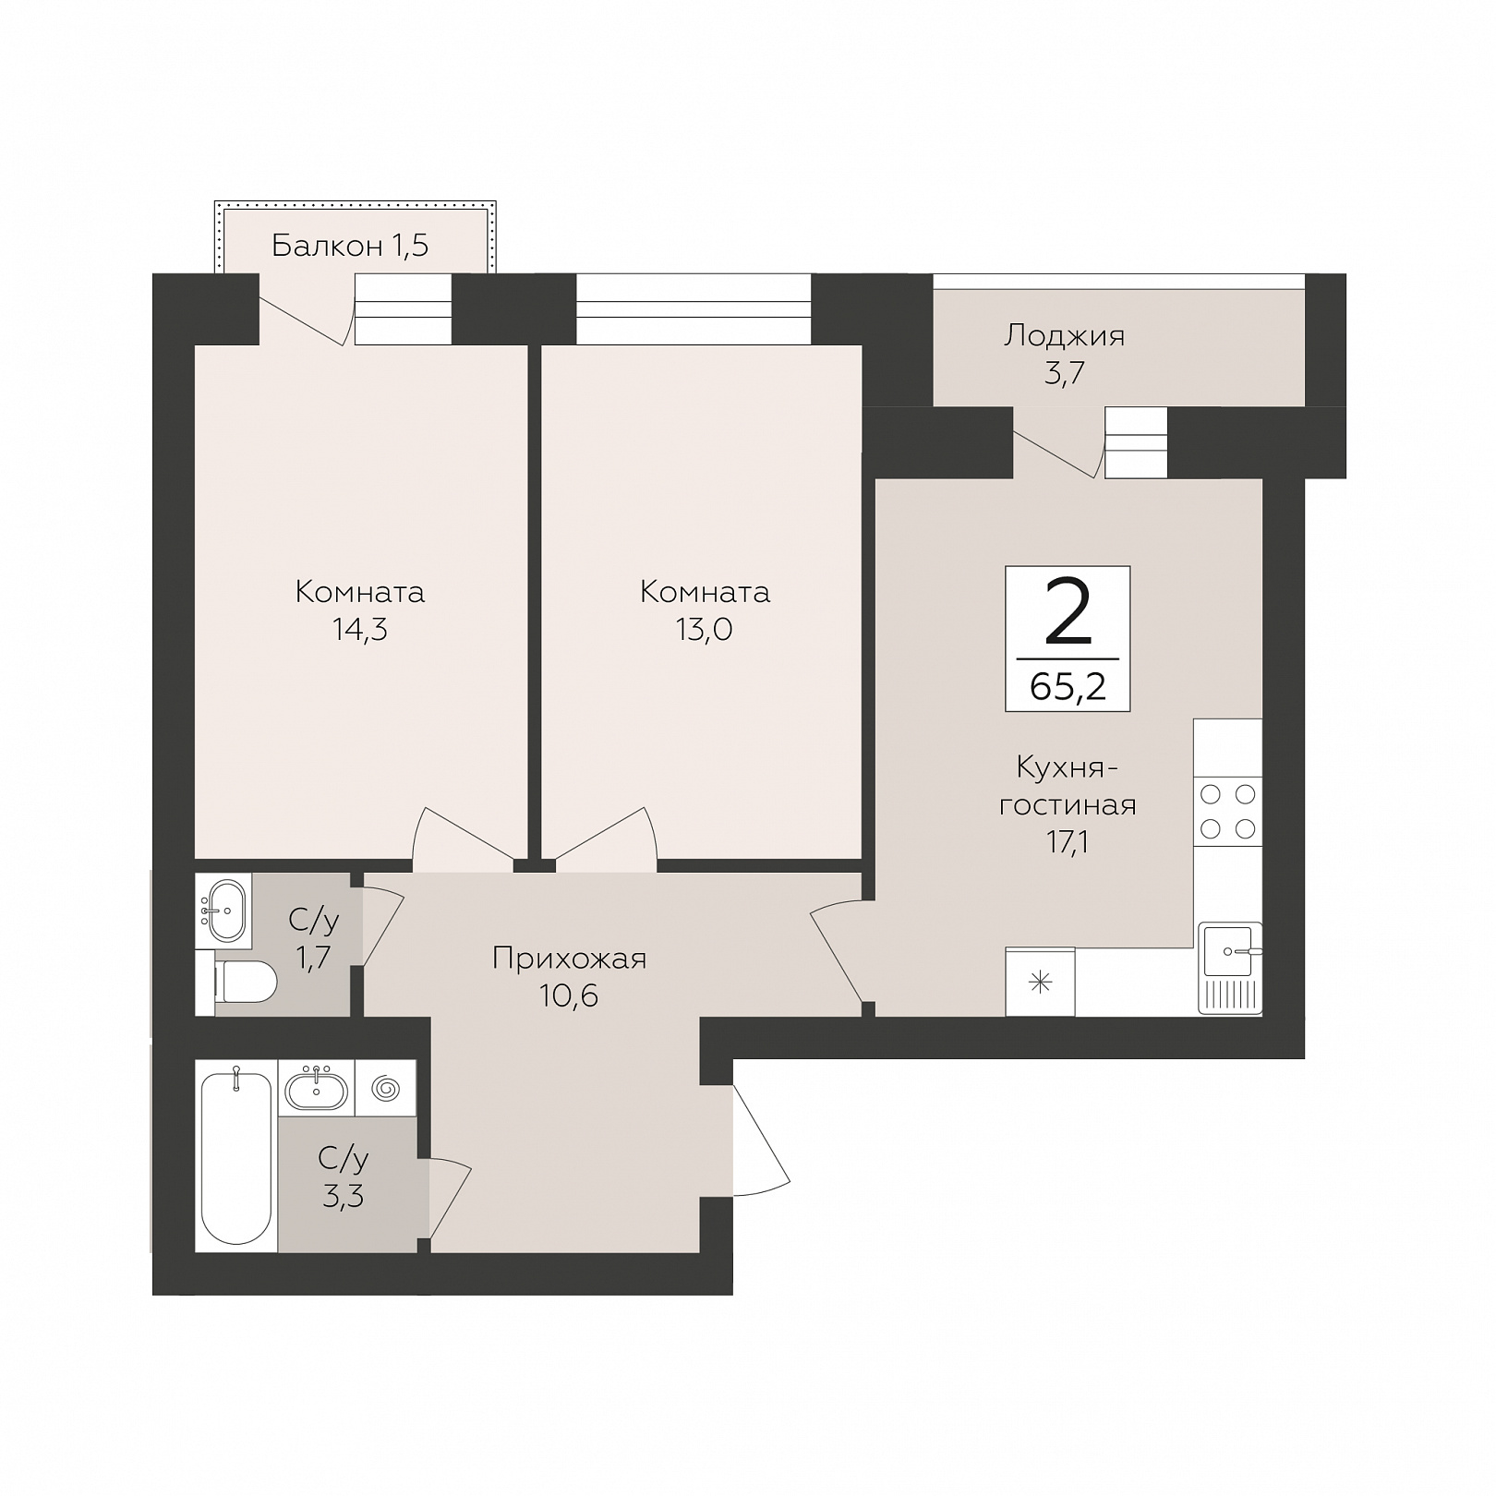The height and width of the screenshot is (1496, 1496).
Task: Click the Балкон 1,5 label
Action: coord(350,246)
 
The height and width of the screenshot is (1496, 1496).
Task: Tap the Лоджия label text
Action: coord(1065,335)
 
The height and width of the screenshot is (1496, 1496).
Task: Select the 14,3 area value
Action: coord(360,630)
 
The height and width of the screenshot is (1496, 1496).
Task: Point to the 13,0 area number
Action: coord(704,630)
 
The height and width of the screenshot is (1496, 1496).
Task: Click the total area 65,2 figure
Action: coord(1068,687)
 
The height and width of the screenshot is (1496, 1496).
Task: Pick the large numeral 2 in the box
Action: coord(1068,610)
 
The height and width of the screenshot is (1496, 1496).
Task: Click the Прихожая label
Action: coord(569,959)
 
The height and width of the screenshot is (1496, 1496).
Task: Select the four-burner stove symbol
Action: coord(1227,811)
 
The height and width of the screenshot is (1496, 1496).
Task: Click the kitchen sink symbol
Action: coord(1230,967)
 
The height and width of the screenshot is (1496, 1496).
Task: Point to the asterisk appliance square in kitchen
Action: coord(1040,982)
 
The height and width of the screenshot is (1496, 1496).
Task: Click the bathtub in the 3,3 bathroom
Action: coord(236,1156)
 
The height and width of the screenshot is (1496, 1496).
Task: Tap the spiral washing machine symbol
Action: coord(386,1090)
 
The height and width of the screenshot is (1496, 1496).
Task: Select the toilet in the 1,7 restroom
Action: coord(245,982)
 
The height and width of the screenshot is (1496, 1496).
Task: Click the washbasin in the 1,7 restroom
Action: coord(223,910)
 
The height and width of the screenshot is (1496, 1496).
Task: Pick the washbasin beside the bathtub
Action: coord(317,1090)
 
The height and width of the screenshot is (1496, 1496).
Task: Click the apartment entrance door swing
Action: coord(760,1140)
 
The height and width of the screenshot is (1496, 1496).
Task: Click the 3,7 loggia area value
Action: coord(1064,374)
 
